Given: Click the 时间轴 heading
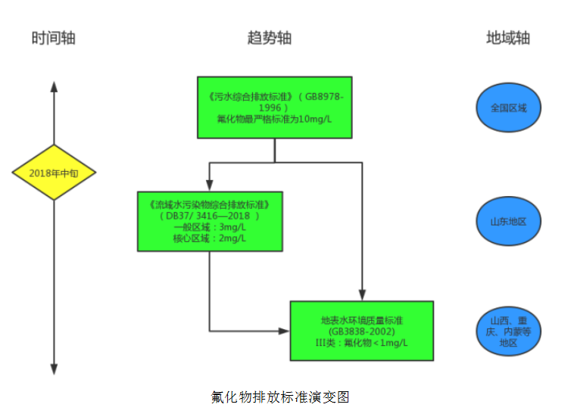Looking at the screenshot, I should point(53,39).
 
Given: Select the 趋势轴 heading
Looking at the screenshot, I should point(269,39).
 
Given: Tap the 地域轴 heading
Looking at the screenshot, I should point(507,39).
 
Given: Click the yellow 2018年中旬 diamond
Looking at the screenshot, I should point(53,173).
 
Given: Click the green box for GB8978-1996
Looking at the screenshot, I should point(274,107).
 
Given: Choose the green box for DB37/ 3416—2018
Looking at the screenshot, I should point(210,221).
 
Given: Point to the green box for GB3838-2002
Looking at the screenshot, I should point(361,331).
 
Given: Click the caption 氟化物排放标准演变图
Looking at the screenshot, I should point(279,397).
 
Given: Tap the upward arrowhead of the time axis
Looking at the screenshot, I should point(54,85).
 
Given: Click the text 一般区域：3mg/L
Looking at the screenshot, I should point(210,228).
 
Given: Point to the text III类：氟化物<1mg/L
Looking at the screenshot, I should point(361,342).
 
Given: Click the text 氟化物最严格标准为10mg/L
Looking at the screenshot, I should point(274,119).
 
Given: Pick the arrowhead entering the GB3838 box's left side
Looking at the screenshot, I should point(285,331).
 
